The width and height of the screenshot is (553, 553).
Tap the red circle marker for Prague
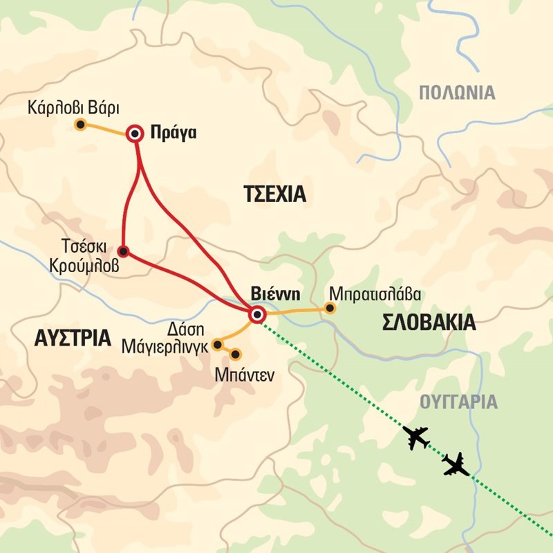pyautogui.click(x=135, y=134)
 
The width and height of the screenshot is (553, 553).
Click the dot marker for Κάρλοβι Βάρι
pyautogui.click(x=80, y=125)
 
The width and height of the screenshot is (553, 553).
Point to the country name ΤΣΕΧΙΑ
pyautogui.click(x=274, y=194)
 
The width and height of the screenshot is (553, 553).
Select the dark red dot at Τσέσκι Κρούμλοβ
pyautogui.click(x=123, y=251)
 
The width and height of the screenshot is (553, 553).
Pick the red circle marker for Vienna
pyautogui.click(x=257, y=315)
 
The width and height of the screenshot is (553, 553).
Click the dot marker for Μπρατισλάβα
pyautogui.click(x=330, y=308)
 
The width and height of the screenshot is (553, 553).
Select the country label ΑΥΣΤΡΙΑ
pyautogui.click(x=72, y=338)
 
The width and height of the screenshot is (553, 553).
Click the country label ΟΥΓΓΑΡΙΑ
pyautogui.click(x=458, y=401)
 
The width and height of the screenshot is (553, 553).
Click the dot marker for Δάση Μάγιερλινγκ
pyautogui.click(x=217, y=344)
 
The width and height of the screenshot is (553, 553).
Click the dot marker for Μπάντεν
pyautogui.click(x=235, y=354)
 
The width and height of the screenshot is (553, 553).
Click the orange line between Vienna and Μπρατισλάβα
pyautogui.click(x=294, y=311)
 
